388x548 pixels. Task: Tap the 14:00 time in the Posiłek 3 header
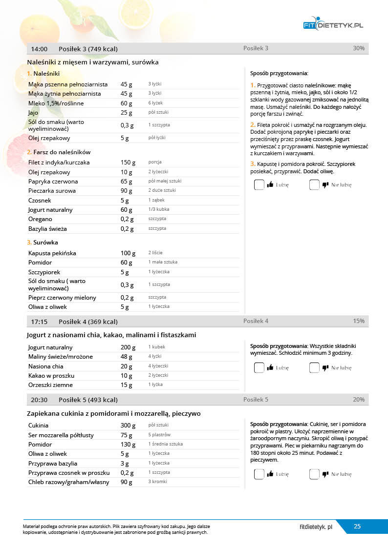tap(39, 49)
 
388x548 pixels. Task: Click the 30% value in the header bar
tap(358, 48)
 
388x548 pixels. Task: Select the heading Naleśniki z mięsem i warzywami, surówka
tap(93, 62)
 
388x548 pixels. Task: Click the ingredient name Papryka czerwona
tap(53, 182)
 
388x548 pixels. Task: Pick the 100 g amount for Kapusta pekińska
tap(128, 253)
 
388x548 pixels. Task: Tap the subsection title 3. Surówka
tap(43, 242)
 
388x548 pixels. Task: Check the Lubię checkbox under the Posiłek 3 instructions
tap(259, 185)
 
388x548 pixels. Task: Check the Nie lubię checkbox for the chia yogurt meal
tap(314, 368)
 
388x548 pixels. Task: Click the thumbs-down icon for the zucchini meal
tap(325, 474)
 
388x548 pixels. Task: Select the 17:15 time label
tap(39, 322)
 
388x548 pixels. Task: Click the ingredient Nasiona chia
tap(46, 366)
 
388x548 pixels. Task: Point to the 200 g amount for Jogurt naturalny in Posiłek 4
tap(128, 347)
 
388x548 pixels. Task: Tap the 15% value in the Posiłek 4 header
tap(359, 321)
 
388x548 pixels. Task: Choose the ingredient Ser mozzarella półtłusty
tap(61, 435)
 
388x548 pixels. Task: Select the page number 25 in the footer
tap(357, 527)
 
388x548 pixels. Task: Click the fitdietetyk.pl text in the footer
tap(316, 527)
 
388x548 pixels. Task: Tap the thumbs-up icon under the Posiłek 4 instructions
tap(270, 368)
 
